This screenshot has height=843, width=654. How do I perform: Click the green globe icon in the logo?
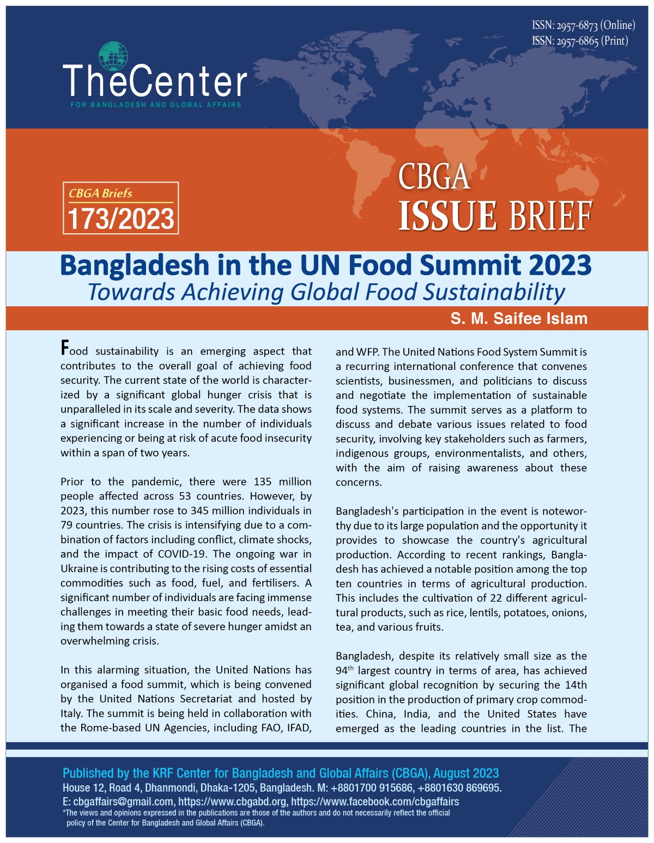tap(113, 56)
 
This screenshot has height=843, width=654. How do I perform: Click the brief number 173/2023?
tap(121, 219)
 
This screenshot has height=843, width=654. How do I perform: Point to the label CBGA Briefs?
tap(100, 193)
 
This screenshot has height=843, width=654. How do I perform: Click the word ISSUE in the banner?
tap(447, 216)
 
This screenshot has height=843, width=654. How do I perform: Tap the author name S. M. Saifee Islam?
tap(519, 319)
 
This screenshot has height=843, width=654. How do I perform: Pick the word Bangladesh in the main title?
tap(135, 265)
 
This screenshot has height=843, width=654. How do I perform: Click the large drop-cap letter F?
tap(65, 348)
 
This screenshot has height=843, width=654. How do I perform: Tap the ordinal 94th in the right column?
tap(344, 671)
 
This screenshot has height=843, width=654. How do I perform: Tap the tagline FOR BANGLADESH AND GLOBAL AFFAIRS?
tap(156, 104)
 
